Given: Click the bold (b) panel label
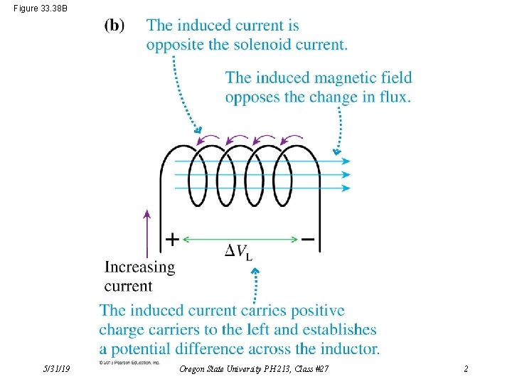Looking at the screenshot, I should point(114,26).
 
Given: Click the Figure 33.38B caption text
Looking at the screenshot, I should point(41,9).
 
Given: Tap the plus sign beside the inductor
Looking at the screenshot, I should point(172,239).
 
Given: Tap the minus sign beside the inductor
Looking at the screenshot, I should point(307,239).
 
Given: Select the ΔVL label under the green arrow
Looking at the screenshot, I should point(238,251).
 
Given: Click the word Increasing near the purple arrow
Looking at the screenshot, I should point(139,268).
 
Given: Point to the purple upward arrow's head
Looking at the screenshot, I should point(147,213).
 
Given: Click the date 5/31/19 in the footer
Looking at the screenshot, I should point(56,369).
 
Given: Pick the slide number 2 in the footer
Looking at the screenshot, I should point(466,369).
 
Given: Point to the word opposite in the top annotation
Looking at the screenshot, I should point(174,44).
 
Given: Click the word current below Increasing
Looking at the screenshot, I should point(128,286).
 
